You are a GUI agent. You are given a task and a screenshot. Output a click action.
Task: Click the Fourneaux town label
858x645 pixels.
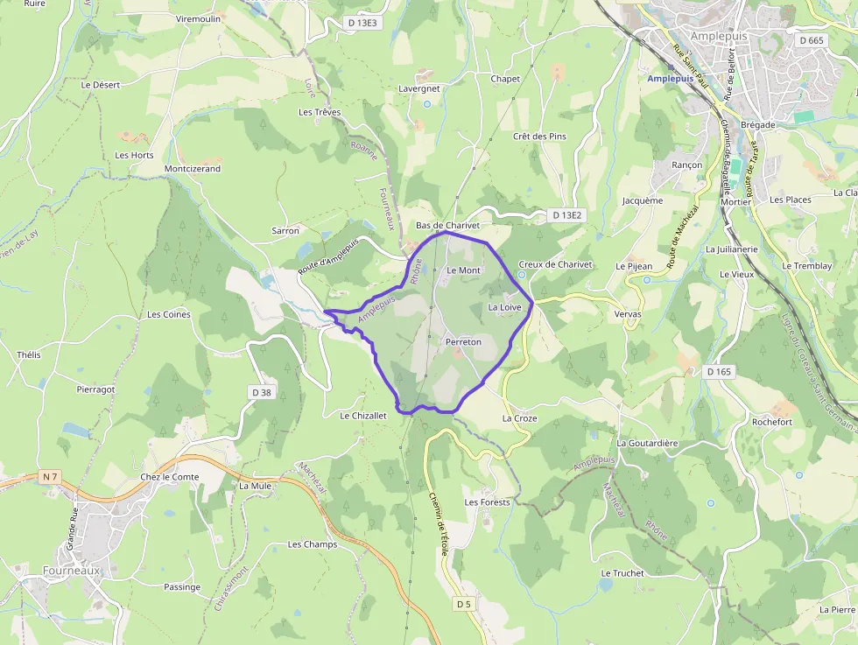coord(73,570)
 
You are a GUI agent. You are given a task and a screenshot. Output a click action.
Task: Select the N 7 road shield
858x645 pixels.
coord(49,477)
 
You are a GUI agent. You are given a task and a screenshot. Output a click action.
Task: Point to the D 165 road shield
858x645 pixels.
coord(718,372)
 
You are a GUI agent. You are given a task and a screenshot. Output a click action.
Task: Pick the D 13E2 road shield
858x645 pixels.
coord(567,214)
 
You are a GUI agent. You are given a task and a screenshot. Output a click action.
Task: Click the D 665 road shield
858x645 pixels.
coord(812,40)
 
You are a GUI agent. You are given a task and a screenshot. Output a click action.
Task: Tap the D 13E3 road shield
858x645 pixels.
coord(362,23)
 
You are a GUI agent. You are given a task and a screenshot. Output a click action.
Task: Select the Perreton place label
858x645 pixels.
coord(463,341)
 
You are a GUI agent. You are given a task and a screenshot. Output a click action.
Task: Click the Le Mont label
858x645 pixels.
coord(463,270)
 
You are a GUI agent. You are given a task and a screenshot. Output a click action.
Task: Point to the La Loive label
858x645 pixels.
coord(505,307)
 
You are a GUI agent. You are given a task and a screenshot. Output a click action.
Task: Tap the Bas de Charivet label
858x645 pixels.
coord(447,225)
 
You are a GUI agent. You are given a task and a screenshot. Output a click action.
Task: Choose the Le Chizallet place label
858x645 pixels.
coord(363,416)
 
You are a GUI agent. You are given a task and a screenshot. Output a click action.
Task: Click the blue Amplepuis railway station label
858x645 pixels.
coord(670,78)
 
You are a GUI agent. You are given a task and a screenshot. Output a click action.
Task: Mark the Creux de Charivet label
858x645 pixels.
coord(556,263)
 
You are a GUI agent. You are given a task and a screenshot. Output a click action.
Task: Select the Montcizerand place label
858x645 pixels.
coord(193,168)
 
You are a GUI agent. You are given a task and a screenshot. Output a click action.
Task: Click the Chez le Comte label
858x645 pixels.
coord(170,477)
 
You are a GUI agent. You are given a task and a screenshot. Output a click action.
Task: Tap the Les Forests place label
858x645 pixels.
coord(487,502)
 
